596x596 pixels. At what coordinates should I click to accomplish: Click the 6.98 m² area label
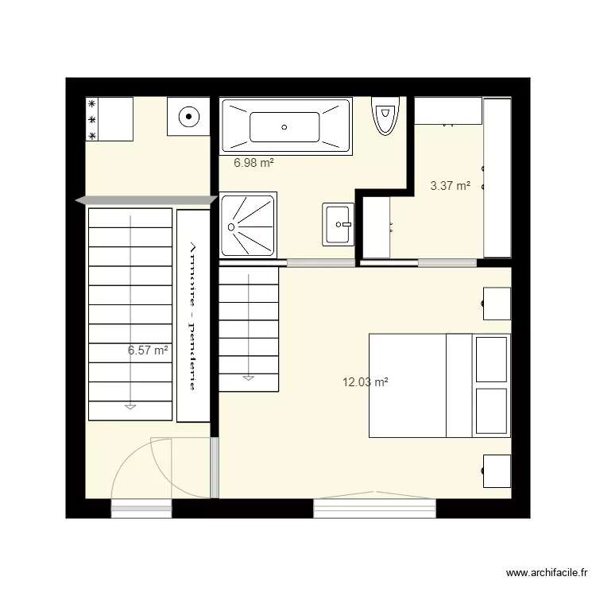click(x=253, y=163)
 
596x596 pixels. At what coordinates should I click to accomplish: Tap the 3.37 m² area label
click(x=450, y=186)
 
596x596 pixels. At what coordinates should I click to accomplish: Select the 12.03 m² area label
click(x=365, y=382)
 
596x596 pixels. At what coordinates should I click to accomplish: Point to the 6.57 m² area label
click(x=148, y=350)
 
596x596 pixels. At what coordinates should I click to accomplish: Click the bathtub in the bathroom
click(x=285, y=126)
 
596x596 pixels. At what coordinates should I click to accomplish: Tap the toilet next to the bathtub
click(x=386, y=116)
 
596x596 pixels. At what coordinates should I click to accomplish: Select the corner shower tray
click(x=248, y=224)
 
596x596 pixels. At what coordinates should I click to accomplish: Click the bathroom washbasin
click(x=339, y=224)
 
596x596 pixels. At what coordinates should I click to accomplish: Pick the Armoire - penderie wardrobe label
click(x=192, y=315)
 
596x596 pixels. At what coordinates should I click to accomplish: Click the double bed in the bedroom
click(x=439, y=385)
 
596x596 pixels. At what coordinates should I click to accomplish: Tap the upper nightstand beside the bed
click(x=497, y=303)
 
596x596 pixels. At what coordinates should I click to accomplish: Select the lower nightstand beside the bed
click(x=497, y=470)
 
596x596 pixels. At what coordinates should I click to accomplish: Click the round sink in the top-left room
click(x=188, y=118)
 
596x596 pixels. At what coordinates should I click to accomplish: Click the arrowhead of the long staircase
click(x=130, y=407)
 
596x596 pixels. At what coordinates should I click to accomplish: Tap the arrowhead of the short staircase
click(x=249, y=377)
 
